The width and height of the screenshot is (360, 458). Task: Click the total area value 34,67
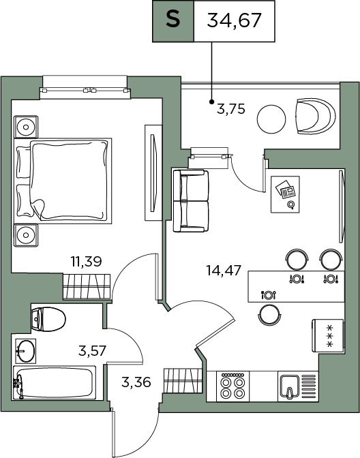click(234, 20)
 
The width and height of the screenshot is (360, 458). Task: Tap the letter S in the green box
click(173, 20)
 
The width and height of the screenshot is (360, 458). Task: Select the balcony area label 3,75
click(231, 109)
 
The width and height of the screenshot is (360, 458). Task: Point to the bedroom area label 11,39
click(86, 262)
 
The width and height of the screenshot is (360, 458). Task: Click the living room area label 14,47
click(224, 270)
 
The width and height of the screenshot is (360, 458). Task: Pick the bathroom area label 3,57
click(92, 351)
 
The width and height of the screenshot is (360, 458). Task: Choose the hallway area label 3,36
click(136, 382)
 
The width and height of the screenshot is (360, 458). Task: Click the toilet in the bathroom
click(48, 319)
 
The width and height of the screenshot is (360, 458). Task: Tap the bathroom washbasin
click(25, 351)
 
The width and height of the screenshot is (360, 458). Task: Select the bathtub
click(55, 382)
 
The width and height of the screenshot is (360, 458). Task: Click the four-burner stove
click(232, 386)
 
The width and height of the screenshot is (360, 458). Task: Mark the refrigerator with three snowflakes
click(328, 336)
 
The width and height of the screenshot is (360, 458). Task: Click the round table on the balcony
click(271, 119)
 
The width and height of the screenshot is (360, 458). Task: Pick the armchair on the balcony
click(316, 117)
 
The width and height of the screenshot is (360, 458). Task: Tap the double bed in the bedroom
click(63, 181)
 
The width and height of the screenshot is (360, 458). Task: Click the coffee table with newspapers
click(285, 194)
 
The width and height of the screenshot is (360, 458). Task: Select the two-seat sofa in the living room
click(191, 201)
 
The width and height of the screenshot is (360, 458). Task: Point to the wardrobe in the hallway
click(183, 380)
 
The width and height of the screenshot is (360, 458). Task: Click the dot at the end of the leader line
click(211, 102)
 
